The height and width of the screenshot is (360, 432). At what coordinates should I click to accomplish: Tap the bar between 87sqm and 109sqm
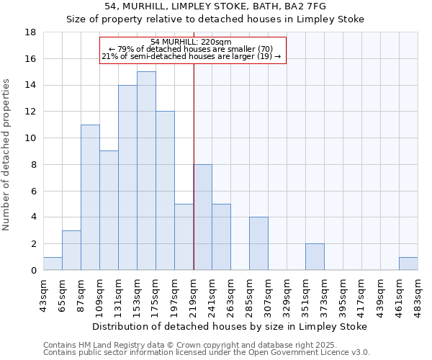[x=90, y=197]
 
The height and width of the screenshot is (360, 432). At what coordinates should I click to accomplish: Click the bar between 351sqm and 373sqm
[x=315, y=257]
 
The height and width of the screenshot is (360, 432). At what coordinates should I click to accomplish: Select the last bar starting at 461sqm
[x=408, y=264]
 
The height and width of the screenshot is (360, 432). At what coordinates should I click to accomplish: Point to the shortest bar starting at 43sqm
[x=53, y=264]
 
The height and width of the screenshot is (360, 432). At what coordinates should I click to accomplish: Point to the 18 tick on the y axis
[x=31, y=32]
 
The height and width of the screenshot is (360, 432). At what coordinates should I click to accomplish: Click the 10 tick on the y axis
[x=31, y=138]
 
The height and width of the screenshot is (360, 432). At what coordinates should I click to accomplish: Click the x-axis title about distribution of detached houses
[x=230, y=326]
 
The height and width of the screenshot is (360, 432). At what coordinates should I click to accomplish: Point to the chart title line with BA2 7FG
[x=215, y=6]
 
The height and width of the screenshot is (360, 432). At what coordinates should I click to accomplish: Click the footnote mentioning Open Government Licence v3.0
[x=207, y=353]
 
